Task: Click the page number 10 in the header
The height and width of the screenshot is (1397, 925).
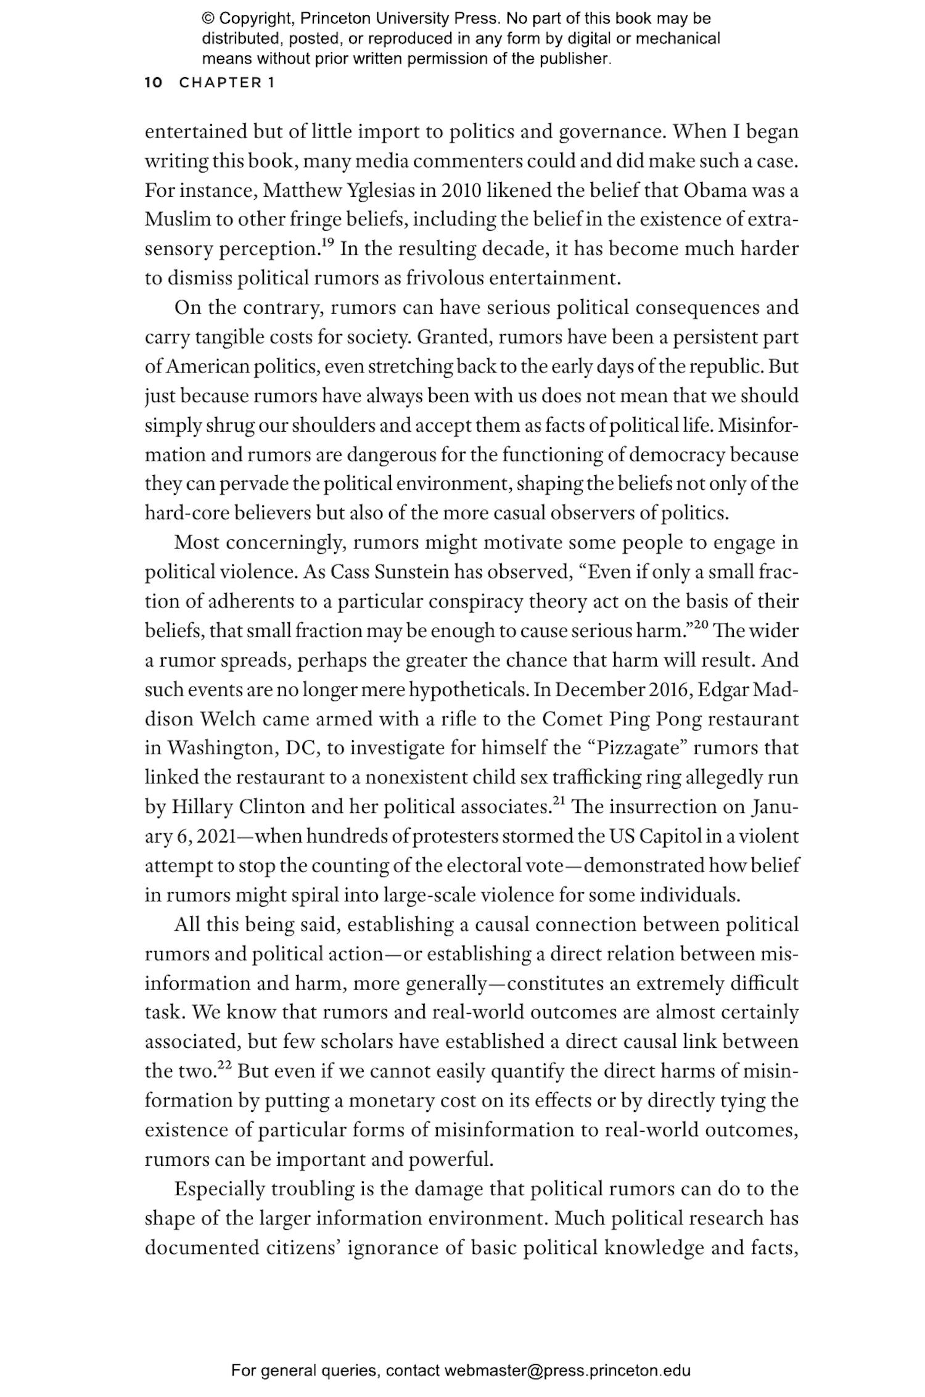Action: coord(153,83)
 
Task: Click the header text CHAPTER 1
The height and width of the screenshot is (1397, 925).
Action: coord(226,83)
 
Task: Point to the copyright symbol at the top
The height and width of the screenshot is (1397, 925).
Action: coord(207,19)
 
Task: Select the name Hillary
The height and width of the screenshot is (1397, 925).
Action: coord(202,807)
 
